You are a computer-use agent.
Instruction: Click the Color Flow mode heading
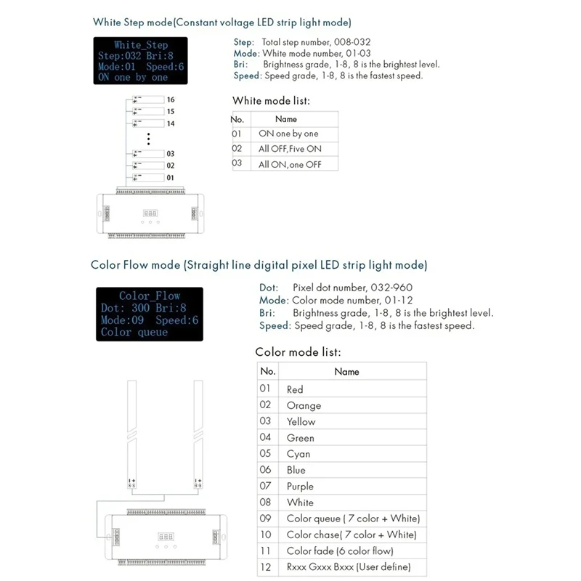259,264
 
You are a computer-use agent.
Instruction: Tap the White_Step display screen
141,61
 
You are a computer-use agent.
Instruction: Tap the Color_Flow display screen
148,314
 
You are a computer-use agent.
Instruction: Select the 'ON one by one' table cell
288,134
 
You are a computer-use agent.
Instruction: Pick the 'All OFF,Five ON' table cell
290,149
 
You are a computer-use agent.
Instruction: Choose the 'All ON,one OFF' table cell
290,165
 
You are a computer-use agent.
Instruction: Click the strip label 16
171,99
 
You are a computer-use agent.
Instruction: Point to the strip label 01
171,177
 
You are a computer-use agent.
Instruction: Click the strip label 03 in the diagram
171,154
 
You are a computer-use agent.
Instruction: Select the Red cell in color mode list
295,389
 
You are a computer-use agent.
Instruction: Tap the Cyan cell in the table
298,454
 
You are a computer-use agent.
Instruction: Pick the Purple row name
300,486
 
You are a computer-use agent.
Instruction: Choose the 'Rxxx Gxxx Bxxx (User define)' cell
349,566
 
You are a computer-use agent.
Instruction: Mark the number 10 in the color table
266,535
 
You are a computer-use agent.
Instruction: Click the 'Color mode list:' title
298,352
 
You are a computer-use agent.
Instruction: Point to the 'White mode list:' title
271,101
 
